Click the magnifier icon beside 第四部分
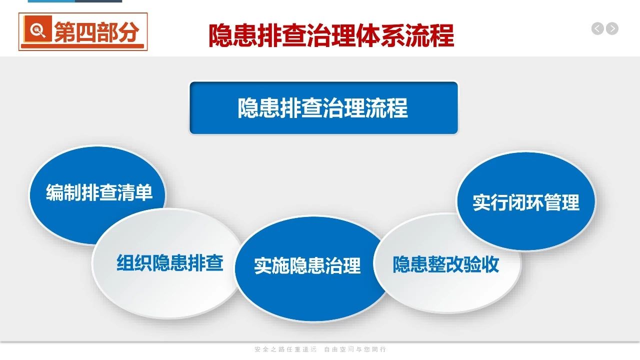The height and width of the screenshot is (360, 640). coord(37,29)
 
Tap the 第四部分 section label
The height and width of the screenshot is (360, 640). coord(96,32)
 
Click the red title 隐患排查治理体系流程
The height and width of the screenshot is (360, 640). coord(331,35)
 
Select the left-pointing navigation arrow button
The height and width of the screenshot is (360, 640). coord(597,28)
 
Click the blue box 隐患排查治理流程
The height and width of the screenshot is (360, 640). coord(323,107)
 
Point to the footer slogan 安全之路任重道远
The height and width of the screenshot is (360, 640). coord(285,349)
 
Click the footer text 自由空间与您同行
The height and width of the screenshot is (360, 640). coord(355,349)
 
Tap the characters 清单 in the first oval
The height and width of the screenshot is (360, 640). coord(134,192)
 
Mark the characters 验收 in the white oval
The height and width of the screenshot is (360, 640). coord(481,264)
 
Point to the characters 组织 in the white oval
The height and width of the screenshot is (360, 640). coord(134,262)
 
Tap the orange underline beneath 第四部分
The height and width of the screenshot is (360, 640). coord(82,45)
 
